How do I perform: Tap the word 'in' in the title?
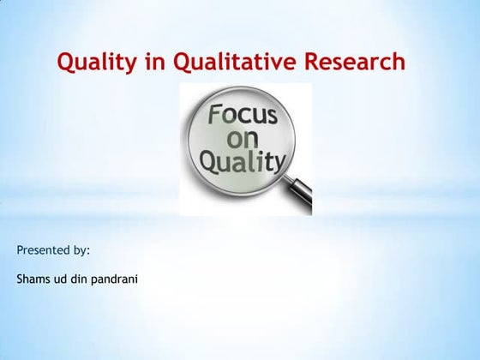157,63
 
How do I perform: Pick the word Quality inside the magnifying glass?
242,160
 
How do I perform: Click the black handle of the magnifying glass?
301,198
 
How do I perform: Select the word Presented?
43,250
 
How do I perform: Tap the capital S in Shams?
20,279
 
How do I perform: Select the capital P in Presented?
20,250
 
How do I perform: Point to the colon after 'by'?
88,252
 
